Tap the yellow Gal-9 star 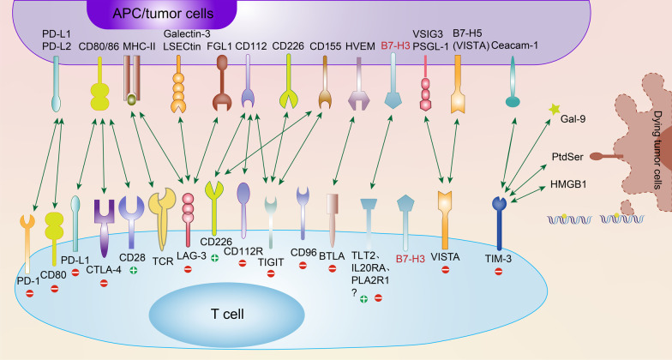(x=555, y=110)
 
